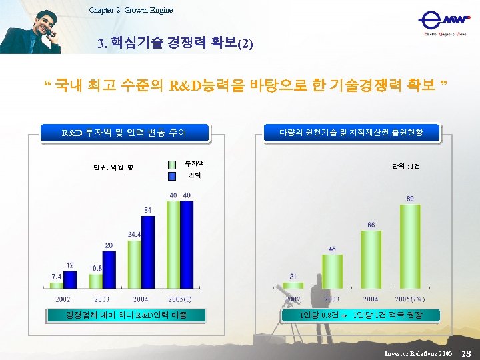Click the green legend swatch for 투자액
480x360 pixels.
[171, 163]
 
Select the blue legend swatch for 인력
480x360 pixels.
[171, 175]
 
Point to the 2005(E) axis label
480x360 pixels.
[180, 299]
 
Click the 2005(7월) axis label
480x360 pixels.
[409, 299]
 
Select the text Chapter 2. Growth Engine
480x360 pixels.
[130, 9]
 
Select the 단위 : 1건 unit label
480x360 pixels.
[406, 166]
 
